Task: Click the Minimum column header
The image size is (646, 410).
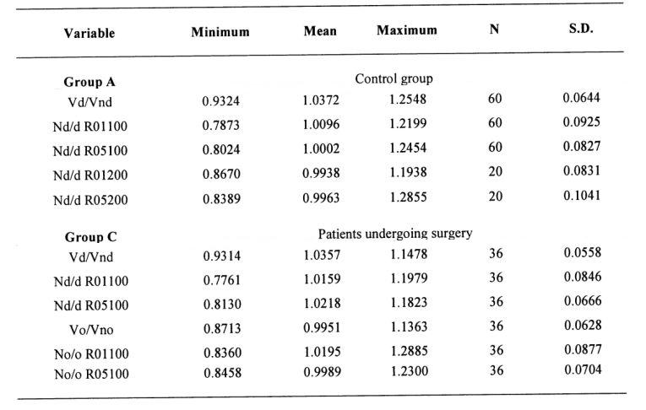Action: tap(220, 32)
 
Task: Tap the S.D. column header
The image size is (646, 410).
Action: tap(581, 29)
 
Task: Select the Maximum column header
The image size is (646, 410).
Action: tap(407, 30)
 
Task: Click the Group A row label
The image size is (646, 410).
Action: tap(90, 82)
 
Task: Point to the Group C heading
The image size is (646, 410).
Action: tap(90, 237)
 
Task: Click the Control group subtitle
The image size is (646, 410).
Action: tap(394, 78)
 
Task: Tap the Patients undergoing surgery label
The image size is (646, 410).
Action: tap(395, 234)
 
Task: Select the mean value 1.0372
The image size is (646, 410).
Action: tap(321, 100)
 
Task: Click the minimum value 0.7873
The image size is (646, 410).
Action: tap(221, 125)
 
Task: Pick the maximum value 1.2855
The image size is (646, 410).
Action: tap(408, 197)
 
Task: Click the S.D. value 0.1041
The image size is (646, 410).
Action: tap(582, 195)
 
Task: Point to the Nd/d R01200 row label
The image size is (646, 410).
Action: tap(90, 175)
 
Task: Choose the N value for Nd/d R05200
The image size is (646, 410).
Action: tap(496, 196)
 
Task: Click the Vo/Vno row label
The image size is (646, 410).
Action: tap(91, 330)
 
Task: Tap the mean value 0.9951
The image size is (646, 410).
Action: tap(323, 327)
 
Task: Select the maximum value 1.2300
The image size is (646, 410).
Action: tap(409, 371)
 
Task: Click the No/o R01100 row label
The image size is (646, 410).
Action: tap(91, 354)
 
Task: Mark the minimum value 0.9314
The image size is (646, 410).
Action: tap(221, 256)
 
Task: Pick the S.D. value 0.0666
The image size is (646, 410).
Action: tap(583, 301)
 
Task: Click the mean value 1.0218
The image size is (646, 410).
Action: tap(323, 304)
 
